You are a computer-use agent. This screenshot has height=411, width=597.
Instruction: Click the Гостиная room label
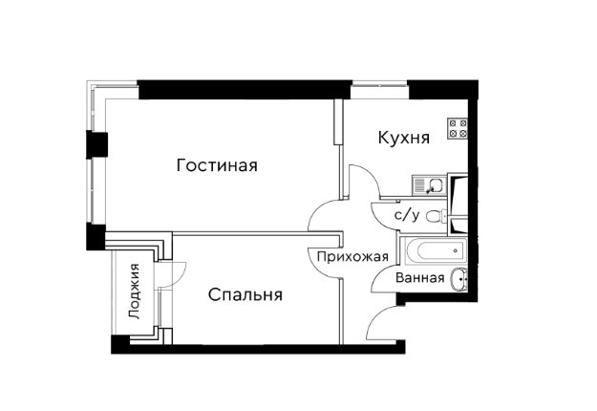[x=217, y=165]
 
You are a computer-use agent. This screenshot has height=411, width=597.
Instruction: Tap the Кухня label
[x=404, y=138]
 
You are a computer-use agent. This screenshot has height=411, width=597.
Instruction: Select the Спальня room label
[x=245, y=294]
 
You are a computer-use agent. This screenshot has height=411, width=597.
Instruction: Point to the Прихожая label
[x=352, y=257]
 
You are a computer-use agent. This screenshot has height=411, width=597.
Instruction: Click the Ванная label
[x=420, y=278]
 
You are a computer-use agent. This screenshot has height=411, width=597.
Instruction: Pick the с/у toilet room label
[x=407, y=216]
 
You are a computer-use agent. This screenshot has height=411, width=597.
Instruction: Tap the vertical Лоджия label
[x=135, y=292]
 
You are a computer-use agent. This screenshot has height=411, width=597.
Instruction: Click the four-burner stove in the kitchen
[x=458, y=128]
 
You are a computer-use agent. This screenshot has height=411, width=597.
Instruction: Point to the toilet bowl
[x=437, y=216]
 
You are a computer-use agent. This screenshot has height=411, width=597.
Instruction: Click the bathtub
[x=437, y=251]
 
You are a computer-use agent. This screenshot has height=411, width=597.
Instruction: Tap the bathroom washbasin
[x=458, y=280]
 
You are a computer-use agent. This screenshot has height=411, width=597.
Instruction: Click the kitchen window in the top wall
[x=379, y=90]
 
